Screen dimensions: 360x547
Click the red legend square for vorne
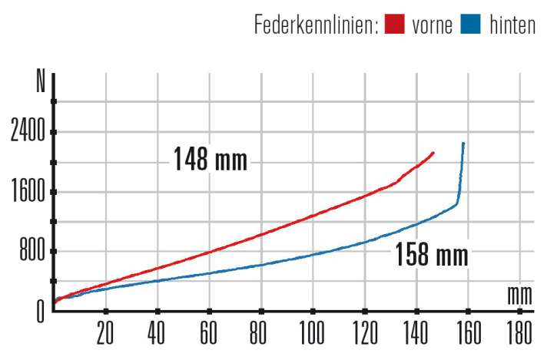395,25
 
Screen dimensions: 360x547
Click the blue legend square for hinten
471,25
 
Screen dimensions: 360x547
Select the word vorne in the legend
432,25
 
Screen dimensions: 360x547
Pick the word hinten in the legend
512,25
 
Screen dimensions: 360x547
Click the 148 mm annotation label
210,160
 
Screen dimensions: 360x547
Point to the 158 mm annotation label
431,254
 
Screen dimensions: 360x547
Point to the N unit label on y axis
41,81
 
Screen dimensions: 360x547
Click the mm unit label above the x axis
519,294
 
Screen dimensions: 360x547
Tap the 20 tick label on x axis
105,335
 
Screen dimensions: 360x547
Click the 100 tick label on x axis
312,335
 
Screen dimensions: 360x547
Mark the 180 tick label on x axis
519,335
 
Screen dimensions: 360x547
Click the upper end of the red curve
434,153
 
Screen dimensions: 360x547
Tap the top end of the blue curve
463,144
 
